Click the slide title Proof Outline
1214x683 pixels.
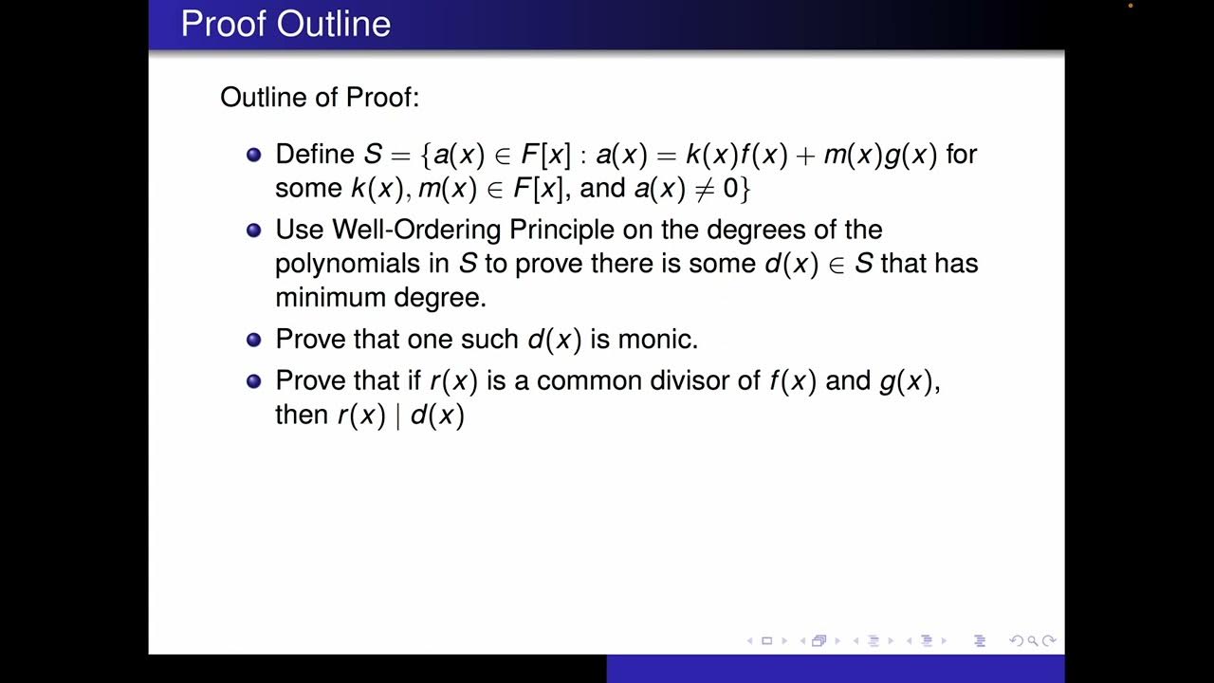pos(285,24)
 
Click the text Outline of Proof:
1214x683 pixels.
pos(320,97)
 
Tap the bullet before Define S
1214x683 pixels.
pos(253,155)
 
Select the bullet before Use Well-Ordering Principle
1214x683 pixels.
pos(253,231)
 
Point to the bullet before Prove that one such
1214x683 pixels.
pos(253,340)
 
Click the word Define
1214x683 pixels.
pos(315,155)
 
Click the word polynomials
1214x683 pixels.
pos(346,264)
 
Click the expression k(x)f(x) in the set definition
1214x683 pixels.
pos(736,155)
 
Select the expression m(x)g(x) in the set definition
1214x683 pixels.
pos(880,155)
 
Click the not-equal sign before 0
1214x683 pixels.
pos(703,188)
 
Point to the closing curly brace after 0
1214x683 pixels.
pos(745,188)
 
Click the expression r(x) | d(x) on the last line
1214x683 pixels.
pos(401,415)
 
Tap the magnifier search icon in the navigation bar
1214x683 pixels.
pos(1032,641)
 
